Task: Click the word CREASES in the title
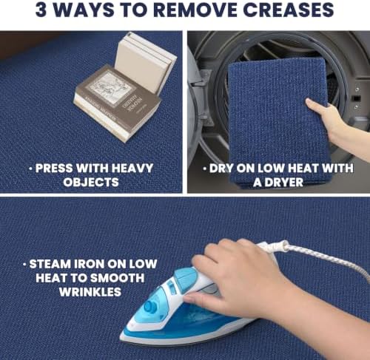coord(288,10)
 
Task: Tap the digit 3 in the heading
coord(41,10)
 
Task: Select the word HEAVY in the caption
coord(132,169)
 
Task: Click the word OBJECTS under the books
coord(91,183)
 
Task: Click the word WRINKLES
coord(90,292)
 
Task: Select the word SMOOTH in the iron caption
coord(116,278)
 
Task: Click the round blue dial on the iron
coord(150,306)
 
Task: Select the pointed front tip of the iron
coord(121,336)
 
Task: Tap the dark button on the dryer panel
coord(356,98)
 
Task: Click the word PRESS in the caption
coord(54,169)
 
